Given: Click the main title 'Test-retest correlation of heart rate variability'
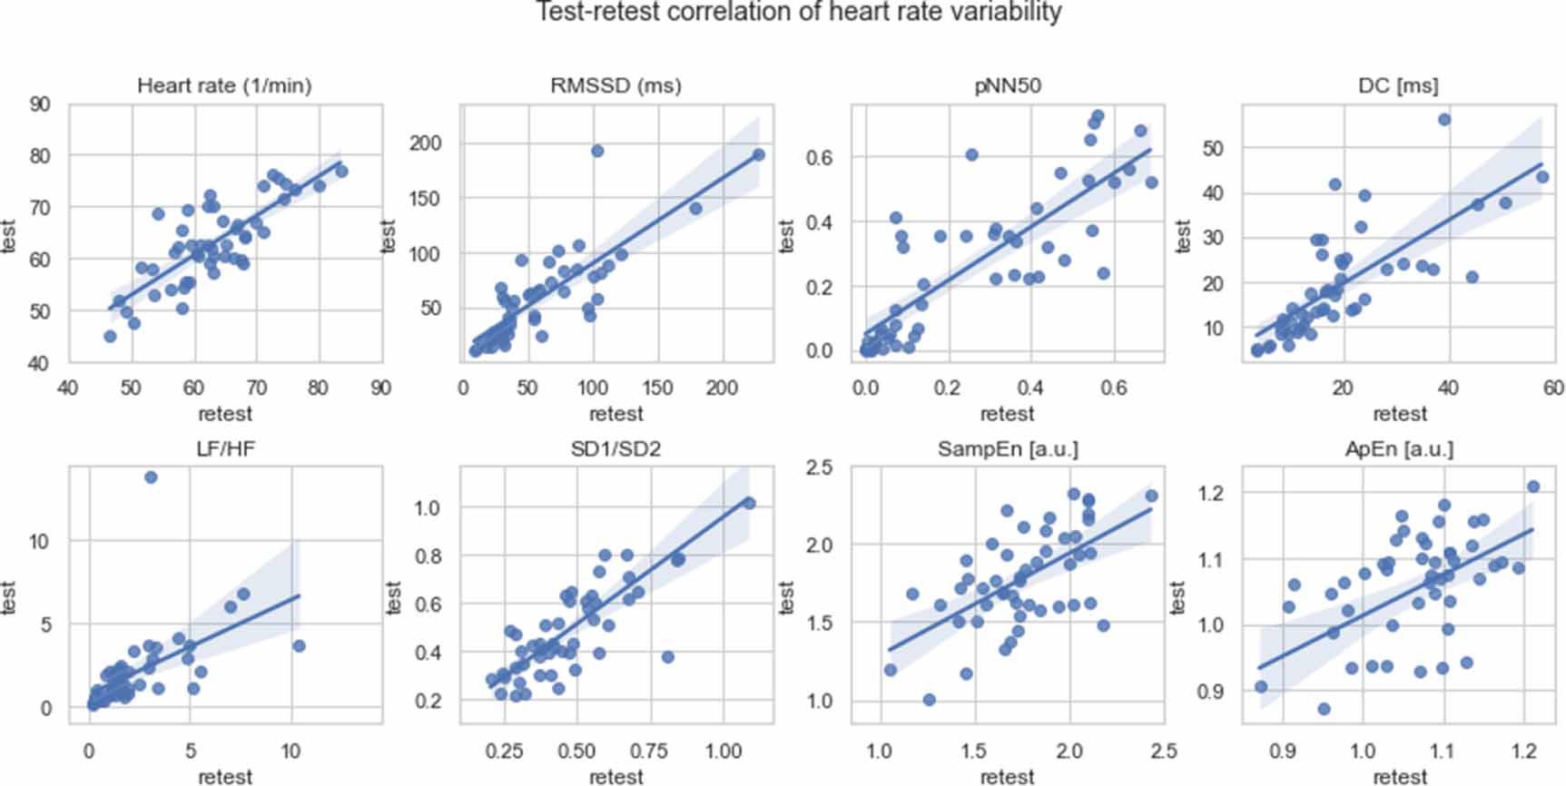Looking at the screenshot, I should pos(797,12).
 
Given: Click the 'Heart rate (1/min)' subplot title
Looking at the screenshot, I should pos(224,85).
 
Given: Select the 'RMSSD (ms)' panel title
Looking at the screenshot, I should pos(616,85).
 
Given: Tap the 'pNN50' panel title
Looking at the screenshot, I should pos(1007,85).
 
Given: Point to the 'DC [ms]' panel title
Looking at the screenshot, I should pos(1398,85).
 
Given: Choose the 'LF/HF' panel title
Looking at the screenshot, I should pos(224,448).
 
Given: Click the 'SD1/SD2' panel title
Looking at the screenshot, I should pos(616,448).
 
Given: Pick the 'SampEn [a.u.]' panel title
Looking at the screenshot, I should pos(1007,448).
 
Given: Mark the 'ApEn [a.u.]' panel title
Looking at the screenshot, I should pos(1398,448).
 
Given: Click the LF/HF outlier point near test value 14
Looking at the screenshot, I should pos(151,477).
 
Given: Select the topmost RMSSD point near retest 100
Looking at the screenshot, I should pos(596,151).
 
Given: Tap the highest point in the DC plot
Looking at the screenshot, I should pos(1444,120).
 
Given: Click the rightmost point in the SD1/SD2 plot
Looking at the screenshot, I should pos(749,503).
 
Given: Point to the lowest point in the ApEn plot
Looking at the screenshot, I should pos(1324,709).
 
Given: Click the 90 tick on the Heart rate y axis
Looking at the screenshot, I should pos(39,104).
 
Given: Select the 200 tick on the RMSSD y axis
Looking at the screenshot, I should pos(425,142).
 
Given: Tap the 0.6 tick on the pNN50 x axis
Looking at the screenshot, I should pos(1114,388).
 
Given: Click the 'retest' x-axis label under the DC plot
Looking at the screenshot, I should pos(1399,414).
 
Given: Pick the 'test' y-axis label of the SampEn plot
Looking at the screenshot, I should pos(787,598).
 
